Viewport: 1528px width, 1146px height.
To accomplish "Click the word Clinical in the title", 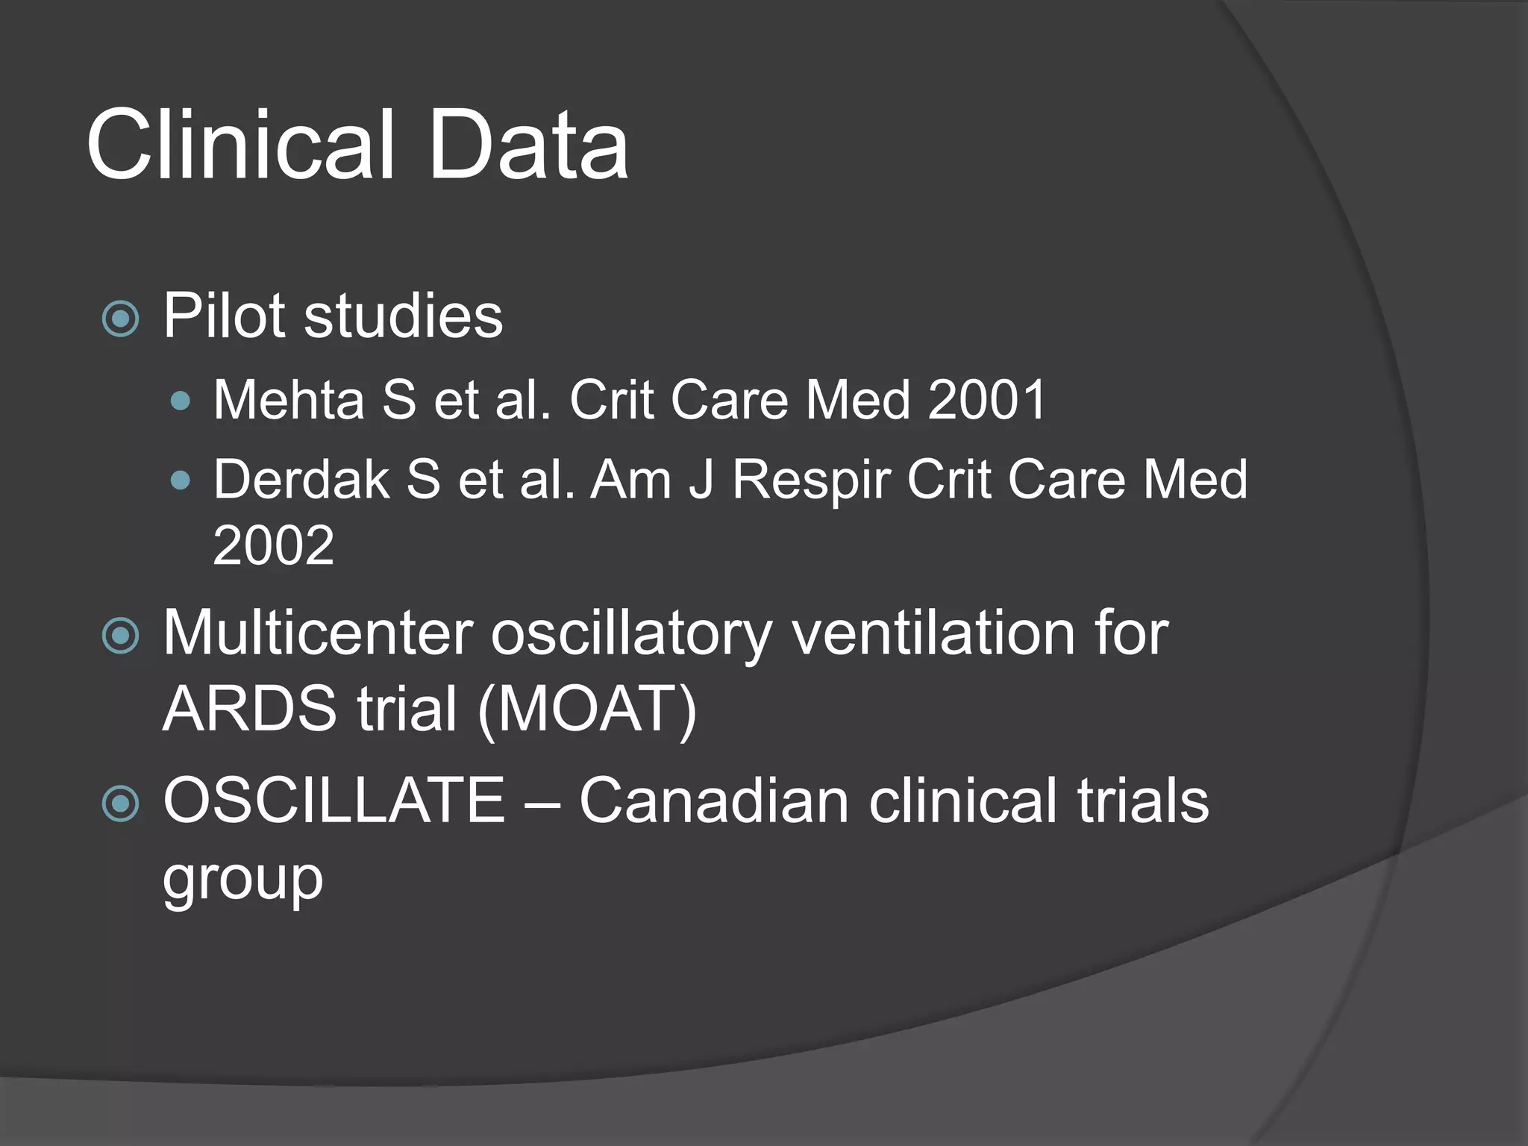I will (x=240, y=145).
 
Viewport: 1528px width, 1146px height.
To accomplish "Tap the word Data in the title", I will (x=528, y=145).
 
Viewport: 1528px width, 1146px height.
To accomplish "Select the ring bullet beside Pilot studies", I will (x=120, y=319).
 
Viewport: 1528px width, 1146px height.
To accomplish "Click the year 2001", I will (x=987, y=400).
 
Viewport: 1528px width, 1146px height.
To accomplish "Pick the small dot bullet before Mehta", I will (x=180, y=402).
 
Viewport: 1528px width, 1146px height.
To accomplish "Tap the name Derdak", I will (x=301, y=479).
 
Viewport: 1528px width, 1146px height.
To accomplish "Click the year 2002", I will (x=273, y=545).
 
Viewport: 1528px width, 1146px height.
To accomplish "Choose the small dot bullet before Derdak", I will (x=180, y=480).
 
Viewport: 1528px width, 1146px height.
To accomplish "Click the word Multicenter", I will (x=318, y=633).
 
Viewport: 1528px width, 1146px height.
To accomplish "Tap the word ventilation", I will (x=932, y=633).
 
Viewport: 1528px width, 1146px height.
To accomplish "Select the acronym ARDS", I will (x=250, y=709).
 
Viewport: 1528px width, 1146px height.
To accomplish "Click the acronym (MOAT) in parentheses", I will (x=587, y=710).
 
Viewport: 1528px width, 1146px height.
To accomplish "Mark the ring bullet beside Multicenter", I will (x=120, y=636).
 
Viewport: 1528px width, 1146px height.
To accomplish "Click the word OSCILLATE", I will (x=334, y=801).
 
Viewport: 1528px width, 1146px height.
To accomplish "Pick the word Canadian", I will (x=714, y=801).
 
